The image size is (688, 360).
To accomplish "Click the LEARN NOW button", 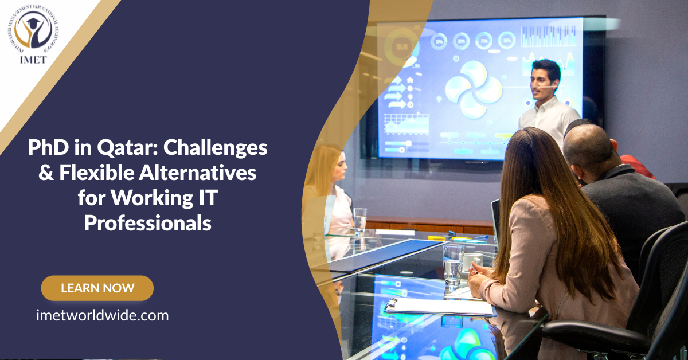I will click(x=97, y=288).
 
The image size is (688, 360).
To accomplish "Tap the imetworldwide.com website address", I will click(x=102, y=315).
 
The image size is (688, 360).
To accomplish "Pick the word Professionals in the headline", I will click(x=148, y=222).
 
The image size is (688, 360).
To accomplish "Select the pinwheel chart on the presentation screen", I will click(x=474, y=89).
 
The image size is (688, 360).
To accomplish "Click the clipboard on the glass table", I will click(x=439, y=307).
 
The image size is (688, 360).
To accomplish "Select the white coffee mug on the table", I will click(x=471, y=261).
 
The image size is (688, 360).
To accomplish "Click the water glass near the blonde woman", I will click(x=360, y=221).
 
